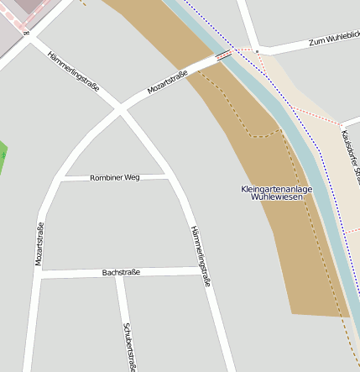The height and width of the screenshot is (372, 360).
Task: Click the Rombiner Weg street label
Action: (114, 178)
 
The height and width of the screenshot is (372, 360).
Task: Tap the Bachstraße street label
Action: (121, 272)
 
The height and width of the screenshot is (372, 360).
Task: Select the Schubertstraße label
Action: (130, 346)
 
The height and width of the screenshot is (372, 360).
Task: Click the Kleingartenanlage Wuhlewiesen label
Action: (276, 193)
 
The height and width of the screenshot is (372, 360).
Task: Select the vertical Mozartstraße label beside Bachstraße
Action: (39, 244)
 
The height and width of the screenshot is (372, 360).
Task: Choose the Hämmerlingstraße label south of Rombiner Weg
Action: (200, 257)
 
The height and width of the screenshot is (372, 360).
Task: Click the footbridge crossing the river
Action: (223, 56)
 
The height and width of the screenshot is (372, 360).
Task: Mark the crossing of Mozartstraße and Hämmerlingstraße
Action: (119, 109)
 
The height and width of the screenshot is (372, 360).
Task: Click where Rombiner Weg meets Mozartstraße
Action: (62, 179)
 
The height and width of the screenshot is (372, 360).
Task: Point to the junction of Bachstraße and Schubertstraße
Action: (120, 273)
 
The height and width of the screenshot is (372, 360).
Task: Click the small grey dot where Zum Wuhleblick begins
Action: (255, 51)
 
